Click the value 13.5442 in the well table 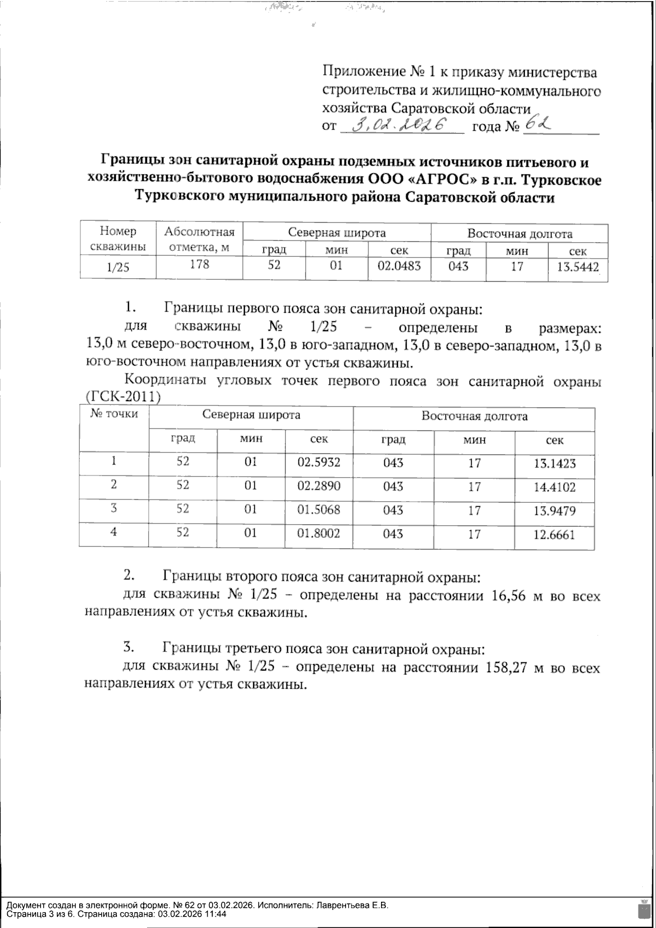pyautogui.click(x=577, y=268)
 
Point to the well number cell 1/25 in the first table pyautogui.click(x=118, y=268)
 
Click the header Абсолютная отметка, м pyautogui.click(x=199, y=239)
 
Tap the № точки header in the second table pyautogui.click(x=114, y=414)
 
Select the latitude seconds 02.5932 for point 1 pyautogui.click(x=319, y=462)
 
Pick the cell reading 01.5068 pyautogui.click(x=319, y=510)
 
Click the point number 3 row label pyautogui.click(x=114, y=508)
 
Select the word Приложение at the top pyautogui.click(x=363, y=72)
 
